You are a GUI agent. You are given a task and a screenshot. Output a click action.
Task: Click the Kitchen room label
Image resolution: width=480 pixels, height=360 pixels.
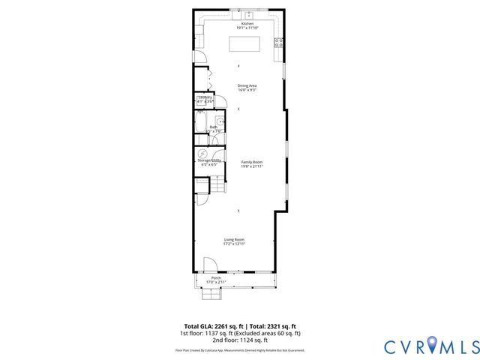tap(247, 24)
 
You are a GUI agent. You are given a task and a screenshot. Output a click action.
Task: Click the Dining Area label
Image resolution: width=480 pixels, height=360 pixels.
tap(247, 85)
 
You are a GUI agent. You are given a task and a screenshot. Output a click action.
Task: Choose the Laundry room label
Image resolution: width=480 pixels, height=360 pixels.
tap(205, 97)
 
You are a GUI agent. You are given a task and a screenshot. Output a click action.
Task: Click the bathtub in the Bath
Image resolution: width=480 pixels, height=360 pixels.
tap(202, 124)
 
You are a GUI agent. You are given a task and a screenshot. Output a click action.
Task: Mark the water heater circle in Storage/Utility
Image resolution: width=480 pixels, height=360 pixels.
tap(202, 152)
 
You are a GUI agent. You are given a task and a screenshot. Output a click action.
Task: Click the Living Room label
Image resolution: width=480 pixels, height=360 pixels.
tap(234, 239)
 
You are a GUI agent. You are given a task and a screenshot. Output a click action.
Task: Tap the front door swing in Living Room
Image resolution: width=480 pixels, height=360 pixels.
tap(210, 264)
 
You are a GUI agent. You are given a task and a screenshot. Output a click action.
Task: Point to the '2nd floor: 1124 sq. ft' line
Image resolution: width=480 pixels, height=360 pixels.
tap(239, 340)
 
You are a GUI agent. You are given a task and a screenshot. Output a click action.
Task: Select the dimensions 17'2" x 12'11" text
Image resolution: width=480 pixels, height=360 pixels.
tap(234, 244)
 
